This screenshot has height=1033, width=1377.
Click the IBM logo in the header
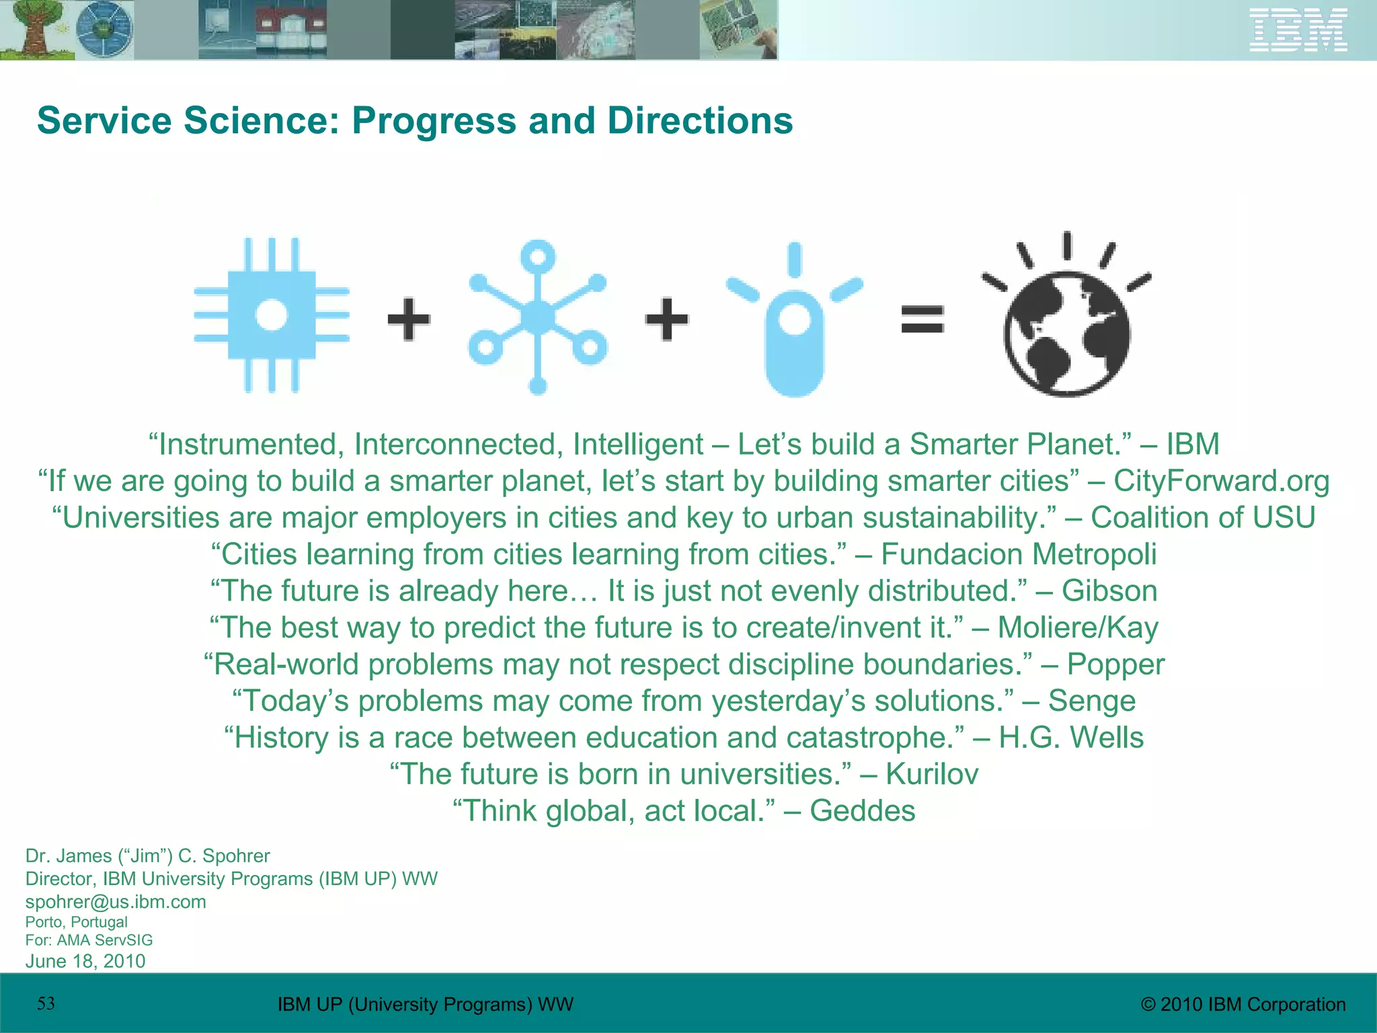coord(1298,30)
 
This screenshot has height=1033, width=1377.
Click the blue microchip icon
coord(272,315)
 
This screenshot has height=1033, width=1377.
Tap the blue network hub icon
coord(537,316)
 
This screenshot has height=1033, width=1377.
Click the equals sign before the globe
coord(922,319)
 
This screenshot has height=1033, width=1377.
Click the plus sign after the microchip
coord(409,319)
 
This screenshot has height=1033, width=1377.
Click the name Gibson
coord(1109,591)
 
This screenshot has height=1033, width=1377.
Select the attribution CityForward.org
coord(1221,481)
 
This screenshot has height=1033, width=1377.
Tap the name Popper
coord(1115,664)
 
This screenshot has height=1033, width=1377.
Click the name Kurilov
coord(931,774)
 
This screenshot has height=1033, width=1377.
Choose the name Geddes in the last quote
coord(862,811)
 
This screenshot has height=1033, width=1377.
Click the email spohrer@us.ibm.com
coord(116,902)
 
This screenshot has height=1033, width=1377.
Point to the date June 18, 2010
coord(85,961)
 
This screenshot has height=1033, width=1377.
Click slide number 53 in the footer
coord(46,1003)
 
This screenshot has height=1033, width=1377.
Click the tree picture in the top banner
coord(34,30)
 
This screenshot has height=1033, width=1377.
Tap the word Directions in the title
coord(700,121)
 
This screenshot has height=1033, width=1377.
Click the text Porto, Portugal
coord(76,922)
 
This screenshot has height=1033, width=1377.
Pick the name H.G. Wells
coord(1070,738)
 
